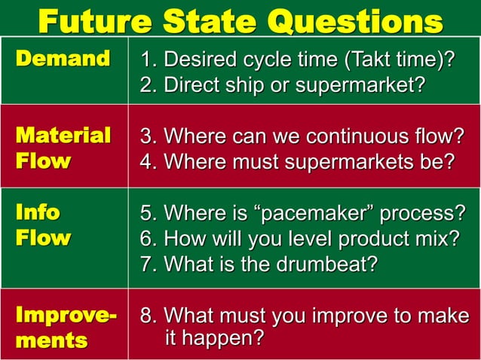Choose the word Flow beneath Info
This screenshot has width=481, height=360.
coord(43,239)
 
